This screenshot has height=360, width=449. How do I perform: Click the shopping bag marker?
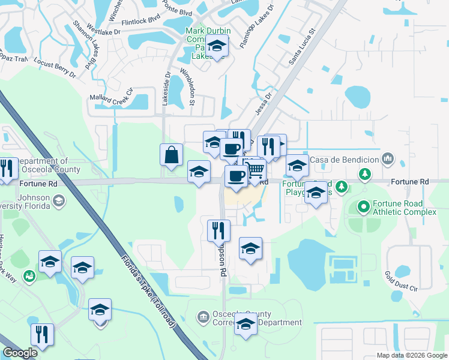pyautogui.click(x=171, y=154)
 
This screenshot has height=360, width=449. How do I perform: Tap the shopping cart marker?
pyautogui.click(x=256, y=170)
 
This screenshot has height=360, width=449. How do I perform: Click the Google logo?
pyautogui.click(x=20, y=353)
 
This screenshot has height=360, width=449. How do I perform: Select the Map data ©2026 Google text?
pyautogui.click(x=411, y=355)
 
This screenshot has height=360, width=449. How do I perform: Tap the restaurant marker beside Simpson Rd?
pyautogui.click(x=218, y=230)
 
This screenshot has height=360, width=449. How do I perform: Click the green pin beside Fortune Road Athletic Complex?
pyautogui.click(x=363, y=208)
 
